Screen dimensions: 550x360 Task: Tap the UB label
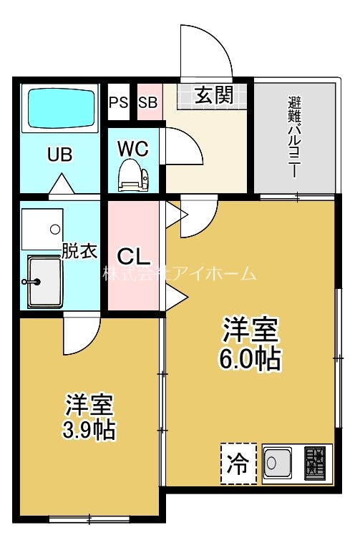click(60, 154)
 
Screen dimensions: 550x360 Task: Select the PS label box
click(118, 102)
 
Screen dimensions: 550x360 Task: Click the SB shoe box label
click(147, 102)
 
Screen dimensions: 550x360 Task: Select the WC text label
click(133, 149)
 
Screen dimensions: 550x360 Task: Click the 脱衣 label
click(79, 251)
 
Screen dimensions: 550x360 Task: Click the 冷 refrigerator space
click(238, 464)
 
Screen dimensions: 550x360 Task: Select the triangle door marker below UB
click(61, 186)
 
